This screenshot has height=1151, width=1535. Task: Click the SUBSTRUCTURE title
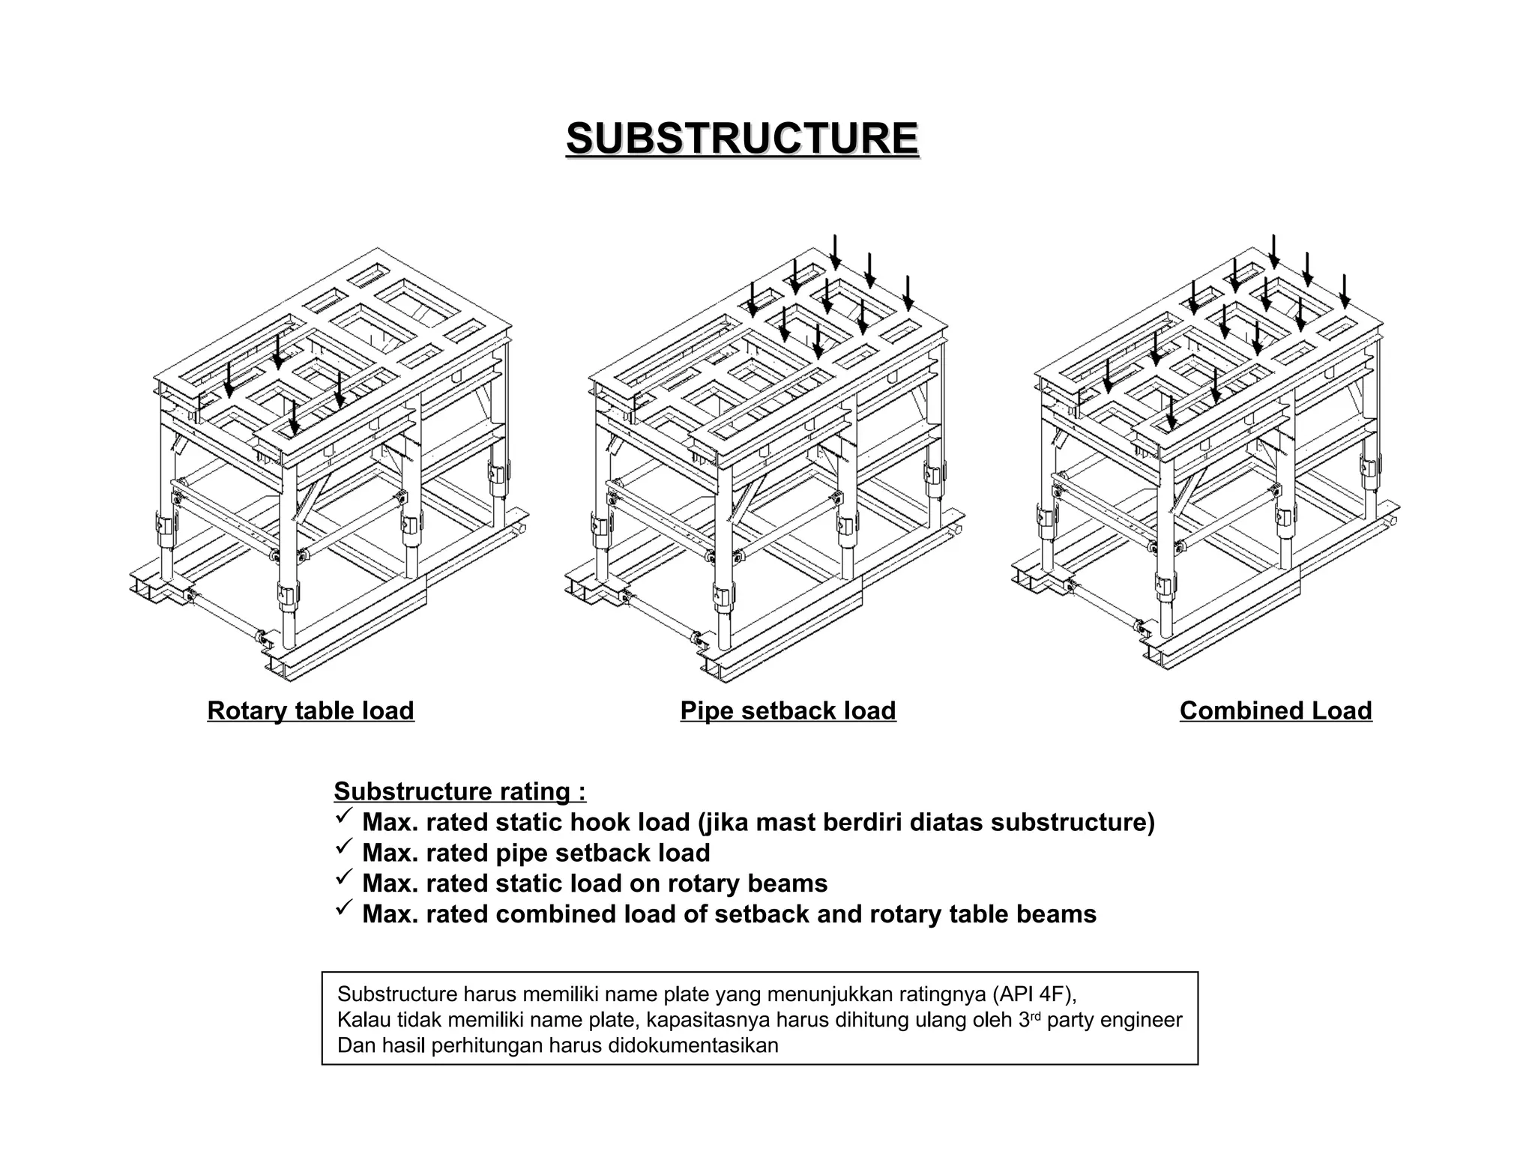742,139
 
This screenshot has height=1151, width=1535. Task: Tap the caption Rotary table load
310,710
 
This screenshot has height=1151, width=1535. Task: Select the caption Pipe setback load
788,710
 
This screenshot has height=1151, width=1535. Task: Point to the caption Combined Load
1276,710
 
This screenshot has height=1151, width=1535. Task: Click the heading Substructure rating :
459,791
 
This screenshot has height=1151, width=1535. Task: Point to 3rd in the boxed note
1030,1019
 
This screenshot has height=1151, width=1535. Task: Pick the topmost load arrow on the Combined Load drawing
1273,252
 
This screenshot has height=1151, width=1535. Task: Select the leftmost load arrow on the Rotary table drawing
229,378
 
